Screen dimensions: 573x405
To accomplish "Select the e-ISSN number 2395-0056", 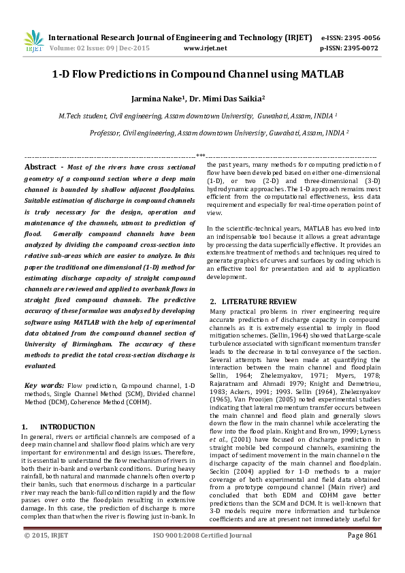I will coord(361,38).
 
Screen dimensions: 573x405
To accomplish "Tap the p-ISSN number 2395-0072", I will coord(361,49).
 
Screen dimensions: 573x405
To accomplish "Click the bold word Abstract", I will coord(40,167).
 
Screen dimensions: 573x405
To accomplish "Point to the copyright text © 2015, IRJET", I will coord(46,555).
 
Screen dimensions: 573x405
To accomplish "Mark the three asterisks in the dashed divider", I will coord(201,157).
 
